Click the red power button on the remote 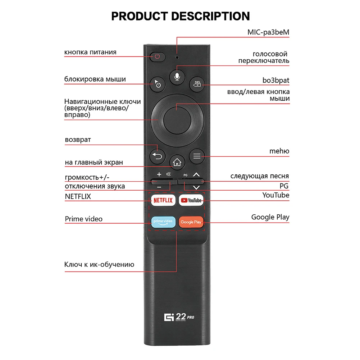pyautogui.click(x=157, y=56)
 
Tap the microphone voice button pyautogui.click(x=177, y=77)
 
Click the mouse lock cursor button pyautogui.click(x=157, y=84)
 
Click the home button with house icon pyautogui.click(x=177, y=163)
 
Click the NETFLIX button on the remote pyautogui.click(x=163, y=200)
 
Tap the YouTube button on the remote pyautogui.click(x=191, y=200)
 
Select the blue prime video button pyautogui.click(x=163, y=222)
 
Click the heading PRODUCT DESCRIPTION pyautogui.click(x=180, y=16)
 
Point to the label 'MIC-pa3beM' pyautogui.click(x=268, y=32)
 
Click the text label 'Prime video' pyautogui.click(x=83, y=219)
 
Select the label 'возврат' pyautogui.click(x=78, y=140)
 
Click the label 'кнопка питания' pyautogui.click(x=90, y=52)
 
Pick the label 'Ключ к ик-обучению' pyautogui.click(x=99, y=265)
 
